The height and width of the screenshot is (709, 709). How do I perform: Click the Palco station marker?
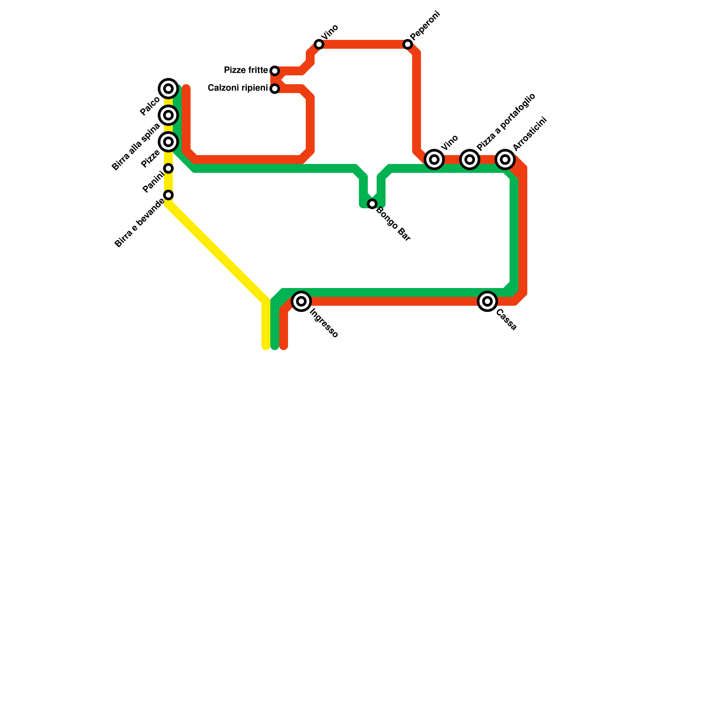coord(168,89)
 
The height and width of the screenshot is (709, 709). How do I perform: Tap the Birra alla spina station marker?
coord(168,115)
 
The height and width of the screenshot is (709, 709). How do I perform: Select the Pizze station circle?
coord(168,142)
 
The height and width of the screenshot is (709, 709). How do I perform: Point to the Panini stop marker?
coord(168,168)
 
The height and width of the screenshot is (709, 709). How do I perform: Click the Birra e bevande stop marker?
coord(168,195)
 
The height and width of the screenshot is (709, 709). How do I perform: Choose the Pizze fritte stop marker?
coord(275,71)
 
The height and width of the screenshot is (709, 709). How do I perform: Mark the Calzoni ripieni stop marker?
coord(275,89)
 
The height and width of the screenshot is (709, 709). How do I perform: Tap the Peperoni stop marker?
coord(408,44)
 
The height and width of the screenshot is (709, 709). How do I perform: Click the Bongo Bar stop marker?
coord(372,204)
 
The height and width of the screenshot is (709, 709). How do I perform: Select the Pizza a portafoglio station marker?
coord(470,160)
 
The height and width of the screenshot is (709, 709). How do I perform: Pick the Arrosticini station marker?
coord(505,160)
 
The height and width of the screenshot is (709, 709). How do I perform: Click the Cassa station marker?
coord(487,301)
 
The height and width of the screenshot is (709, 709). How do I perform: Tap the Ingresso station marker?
coord(301,301)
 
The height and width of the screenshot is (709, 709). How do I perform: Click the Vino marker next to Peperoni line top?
coord(319,44)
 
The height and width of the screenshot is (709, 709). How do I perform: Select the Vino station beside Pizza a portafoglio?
coord(434,160)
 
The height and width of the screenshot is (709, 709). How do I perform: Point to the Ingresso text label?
coord(324,323)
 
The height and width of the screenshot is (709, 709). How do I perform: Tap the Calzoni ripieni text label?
coord(238,88)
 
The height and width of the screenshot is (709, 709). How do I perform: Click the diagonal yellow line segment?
coord(217,253)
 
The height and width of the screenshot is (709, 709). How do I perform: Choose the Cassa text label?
coord(506,320)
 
